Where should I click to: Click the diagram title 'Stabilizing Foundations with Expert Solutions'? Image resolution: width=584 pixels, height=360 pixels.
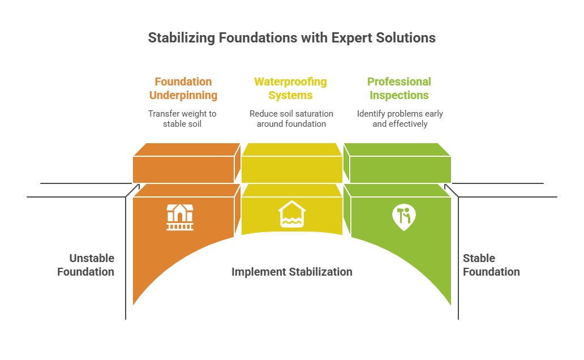[x=291, y=38]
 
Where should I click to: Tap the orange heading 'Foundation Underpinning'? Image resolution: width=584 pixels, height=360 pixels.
[x=183, y=88]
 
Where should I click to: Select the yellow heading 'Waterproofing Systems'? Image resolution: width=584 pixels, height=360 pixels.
[x=291, y=88]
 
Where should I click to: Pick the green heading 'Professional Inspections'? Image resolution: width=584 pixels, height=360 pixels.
[x=399, y=88]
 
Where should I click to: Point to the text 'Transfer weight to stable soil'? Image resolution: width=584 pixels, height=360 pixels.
[x=182, y=119]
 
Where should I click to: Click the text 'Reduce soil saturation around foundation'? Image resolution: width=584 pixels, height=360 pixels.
[x=291, y=119]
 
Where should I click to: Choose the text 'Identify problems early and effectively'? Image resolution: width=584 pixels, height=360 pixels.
[x=400, y=119]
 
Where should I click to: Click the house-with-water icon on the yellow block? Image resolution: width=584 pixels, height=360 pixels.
[x=292, y=215]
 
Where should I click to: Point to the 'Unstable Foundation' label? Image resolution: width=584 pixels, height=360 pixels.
[x=86, y=265]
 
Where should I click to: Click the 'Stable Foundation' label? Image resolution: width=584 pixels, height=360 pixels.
[x=491, y=265]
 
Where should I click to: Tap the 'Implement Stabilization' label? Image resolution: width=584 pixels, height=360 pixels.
[x=291, y=272]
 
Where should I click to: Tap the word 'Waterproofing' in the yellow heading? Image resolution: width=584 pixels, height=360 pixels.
[x=291, y=82]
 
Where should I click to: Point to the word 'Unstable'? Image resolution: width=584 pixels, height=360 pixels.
[x=92, y=258]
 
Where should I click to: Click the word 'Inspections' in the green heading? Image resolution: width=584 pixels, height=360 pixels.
[x=400, y=95]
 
